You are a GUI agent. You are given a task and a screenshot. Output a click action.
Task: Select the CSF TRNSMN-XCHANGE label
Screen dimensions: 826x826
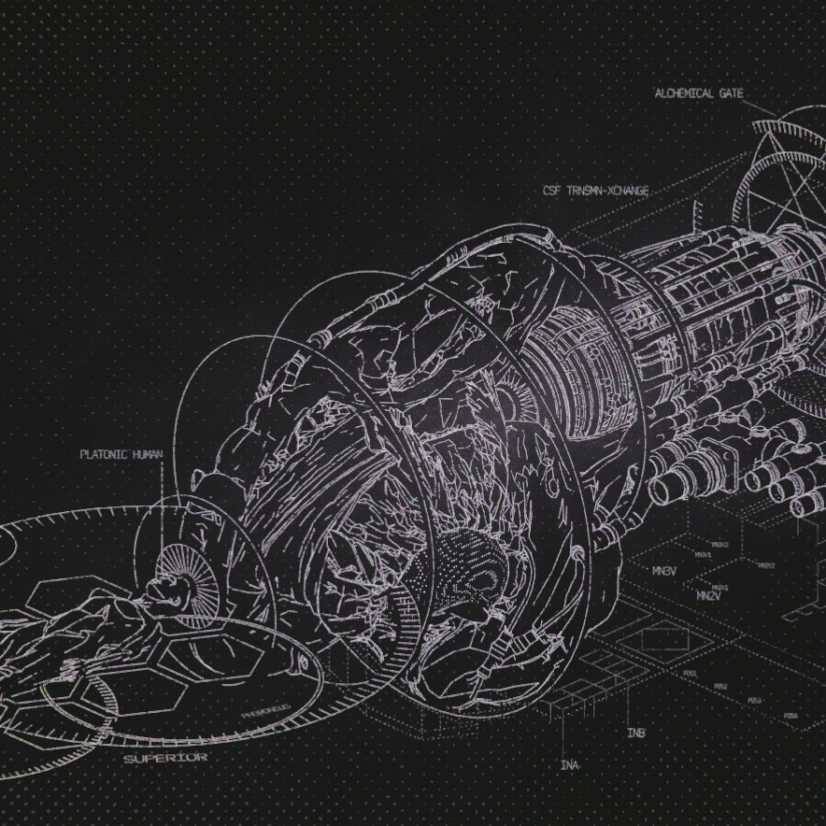[x=595, y=191]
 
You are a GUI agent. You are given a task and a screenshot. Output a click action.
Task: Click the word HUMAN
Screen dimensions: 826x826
[x=147, y=455]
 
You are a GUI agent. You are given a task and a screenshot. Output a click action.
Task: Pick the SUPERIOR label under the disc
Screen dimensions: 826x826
[x=165, y=758]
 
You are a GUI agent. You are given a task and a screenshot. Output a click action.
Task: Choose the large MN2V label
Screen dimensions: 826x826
[x=709, y=595]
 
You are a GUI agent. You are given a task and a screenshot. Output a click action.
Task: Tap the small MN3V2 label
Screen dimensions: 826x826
[x=719, y=544]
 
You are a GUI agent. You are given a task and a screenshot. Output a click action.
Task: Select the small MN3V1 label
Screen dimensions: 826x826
[x=704, y=555]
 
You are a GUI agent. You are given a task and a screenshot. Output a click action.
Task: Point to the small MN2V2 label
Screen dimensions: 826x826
[x=766, y=565]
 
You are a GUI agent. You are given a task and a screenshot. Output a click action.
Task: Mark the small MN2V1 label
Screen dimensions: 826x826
[x=719, y=587]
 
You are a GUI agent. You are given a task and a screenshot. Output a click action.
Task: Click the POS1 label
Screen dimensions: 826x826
[x=690, y=673]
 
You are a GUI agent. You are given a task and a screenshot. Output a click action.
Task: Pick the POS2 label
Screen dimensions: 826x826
[x=720, y=687]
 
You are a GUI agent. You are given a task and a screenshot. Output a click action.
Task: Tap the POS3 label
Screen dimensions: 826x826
[x=754, y=700]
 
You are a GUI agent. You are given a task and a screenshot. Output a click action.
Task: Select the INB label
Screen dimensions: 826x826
[x=636, y=733]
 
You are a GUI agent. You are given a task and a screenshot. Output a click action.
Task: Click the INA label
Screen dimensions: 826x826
[x=569, y=764]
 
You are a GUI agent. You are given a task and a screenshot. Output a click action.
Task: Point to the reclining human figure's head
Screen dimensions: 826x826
[x=165, y=589]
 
